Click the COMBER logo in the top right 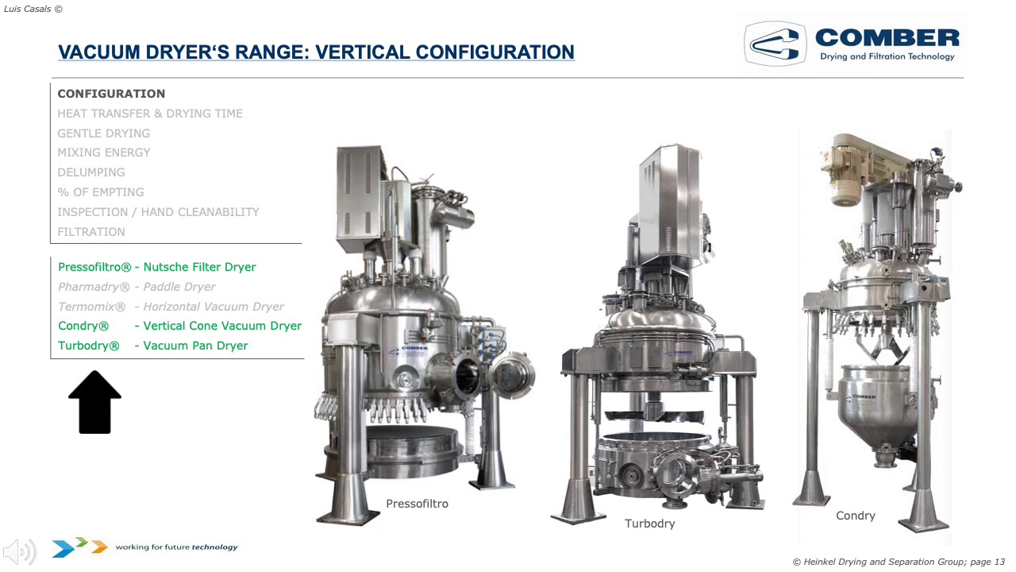[x=852, y=44]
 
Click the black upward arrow [x=94, y=403]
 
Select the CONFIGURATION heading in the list [x=111, y=94]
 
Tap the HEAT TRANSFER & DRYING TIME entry [x=150, y=114]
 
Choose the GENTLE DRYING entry [x=103, y=133]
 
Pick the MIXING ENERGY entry [x=103, y=153]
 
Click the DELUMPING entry [x=91, y=172]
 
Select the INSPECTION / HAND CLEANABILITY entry [x=158, y=212]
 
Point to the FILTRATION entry [x=91, y=232]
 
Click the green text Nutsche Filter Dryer [x=199, y=267]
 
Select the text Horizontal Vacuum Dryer [x=214, y=307]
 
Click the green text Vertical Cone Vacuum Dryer [x=222, y=326]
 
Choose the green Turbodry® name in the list [x=89, y=346]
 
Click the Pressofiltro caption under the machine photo [x=417, y=504]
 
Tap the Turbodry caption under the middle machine [x=649, y=524]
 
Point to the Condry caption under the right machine [x=855, y=516]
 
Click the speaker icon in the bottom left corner [x=20, y=551]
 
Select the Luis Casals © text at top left [x=33, y=9]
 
